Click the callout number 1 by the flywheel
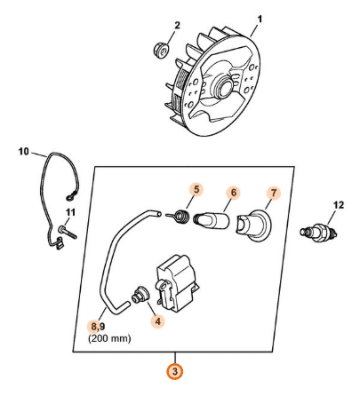(260, 20)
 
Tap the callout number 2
(177, 26)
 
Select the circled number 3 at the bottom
(175, 371)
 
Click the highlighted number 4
(158, 321)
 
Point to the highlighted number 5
(196, 189)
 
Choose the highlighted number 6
(234, 193)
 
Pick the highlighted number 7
(273, 193)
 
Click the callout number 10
(24, 152)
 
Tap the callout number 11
(70, 212)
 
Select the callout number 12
(339, 205)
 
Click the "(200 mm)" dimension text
(109, 338)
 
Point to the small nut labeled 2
(162, 51)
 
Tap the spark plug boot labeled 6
(212, 220)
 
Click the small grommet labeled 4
(140, 295)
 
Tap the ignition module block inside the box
(177, 283)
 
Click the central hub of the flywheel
(222, 87)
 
